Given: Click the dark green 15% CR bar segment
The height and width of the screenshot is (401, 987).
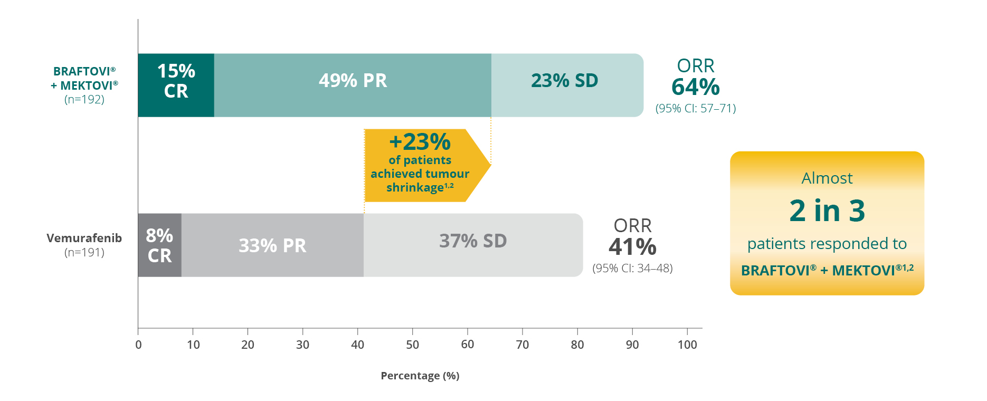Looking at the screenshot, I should coord(176,85).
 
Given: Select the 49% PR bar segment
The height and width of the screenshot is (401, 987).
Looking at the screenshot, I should coord(353,85).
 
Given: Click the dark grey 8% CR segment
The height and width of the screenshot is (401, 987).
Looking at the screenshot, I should coord(159,245).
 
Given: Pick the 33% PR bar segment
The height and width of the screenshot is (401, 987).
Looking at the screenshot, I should coord(272,245).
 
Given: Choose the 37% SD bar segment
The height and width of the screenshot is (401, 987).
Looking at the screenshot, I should coord(473,245).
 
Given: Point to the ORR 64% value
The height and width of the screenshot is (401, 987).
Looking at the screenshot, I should coord(695,87).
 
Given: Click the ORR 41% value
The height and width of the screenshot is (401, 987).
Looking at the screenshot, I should coord(632,247).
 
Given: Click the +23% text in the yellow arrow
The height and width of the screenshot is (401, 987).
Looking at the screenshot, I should coord(420,142).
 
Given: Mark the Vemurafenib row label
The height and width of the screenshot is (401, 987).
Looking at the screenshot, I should coord(84,238).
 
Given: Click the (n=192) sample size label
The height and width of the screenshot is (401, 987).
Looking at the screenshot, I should coord(84,99).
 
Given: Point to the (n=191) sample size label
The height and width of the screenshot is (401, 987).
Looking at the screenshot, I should coord(84,252).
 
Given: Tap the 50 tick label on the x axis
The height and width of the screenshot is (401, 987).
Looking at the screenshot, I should coord(412,345).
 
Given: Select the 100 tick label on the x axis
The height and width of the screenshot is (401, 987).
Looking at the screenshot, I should coord(687,345).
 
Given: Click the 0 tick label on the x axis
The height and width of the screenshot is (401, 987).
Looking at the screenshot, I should coord(138,345).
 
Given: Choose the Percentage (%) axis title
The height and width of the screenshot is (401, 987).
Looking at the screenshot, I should coord(420,376).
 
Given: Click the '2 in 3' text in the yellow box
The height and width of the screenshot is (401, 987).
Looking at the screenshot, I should coord(827,211).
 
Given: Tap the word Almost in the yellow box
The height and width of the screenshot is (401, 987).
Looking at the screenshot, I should coord(827,178).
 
